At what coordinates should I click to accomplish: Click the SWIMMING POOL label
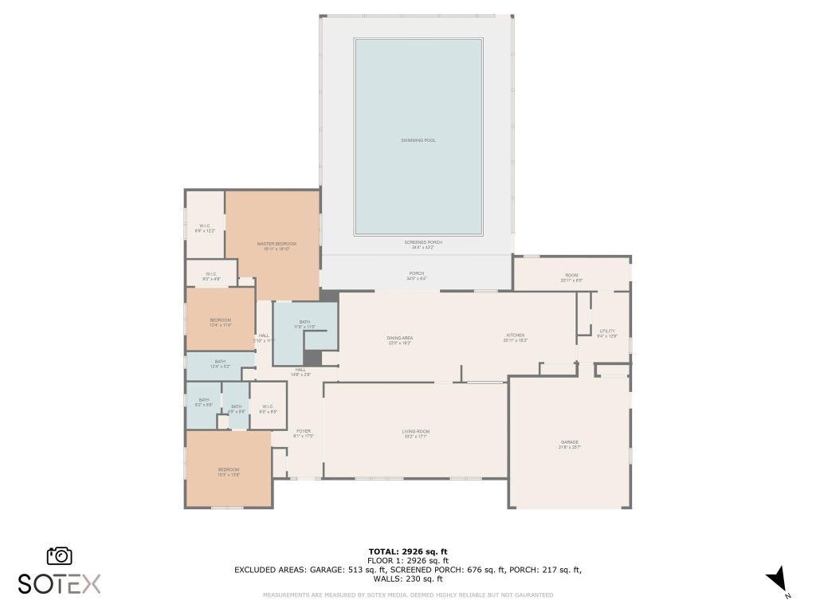[418, 140]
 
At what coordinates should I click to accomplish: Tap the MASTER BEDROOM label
[277, 244]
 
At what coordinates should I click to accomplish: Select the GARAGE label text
[569, 442]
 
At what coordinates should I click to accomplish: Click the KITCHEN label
[515, 335]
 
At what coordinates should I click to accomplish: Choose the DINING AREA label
[399, 338]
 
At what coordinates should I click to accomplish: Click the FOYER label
[304, 431]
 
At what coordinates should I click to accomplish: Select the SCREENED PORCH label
[423, 242]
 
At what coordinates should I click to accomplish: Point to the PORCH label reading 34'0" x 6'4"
[417, 273]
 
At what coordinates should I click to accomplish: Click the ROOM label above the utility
[571, 276]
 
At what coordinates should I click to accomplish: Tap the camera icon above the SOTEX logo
[60, 556]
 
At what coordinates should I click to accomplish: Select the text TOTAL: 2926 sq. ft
[407, 551]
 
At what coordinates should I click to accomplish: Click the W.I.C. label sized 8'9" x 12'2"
[205, 226]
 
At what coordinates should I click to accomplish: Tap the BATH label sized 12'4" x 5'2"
[220, 362]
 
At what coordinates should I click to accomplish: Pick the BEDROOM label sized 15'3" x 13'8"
[229, 470]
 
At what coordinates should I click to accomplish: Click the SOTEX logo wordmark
[59, 583]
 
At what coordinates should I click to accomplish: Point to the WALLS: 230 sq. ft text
[407, 579]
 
